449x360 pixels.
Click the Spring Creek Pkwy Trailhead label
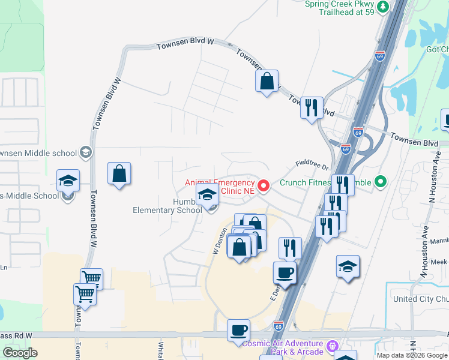[x=342, y=8]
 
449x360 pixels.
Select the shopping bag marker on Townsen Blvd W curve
[x=267, y=81]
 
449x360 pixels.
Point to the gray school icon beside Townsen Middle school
[x=85, y=152]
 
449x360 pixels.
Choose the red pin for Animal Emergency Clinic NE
[x=264, y=186]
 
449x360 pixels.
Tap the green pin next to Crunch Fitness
[x=379, y=181]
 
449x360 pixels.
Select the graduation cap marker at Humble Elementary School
[x=208, y=196]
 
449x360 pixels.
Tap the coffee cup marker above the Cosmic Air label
[x=238, y=329]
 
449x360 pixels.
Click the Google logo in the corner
[x=20, y=353]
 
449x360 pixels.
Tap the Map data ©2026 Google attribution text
[x=411, y=355]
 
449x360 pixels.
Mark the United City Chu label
[x=420, y=299]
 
